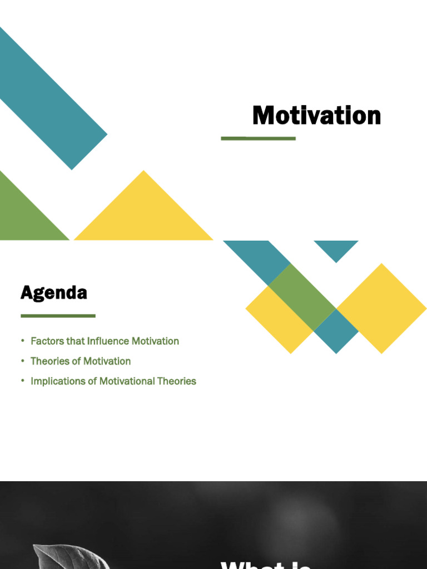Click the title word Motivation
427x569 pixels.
(x=316, y=116)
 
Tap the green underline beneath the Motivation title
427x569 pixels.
(x=258, y=138)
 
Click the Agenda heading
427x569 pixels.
(x=54, y=292)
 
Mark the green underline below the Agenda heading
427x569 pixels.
(x=58, y=316)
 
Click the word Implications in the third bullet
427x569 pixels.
(x=58, y=381)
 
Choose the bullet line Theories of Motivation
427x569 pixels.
(x=81, y=361)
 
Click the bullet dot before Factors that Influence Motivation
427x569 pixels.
(x=23, y=341)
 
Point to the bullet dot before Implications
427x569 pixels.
(x=23, y=381)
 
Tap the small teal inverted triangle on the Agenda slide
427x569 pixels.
(x=336, y=248)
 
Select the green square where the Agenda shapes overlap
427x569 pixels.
(x=302, y=297)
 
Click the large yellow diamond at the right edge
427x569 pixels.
(x=382, y=308)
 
